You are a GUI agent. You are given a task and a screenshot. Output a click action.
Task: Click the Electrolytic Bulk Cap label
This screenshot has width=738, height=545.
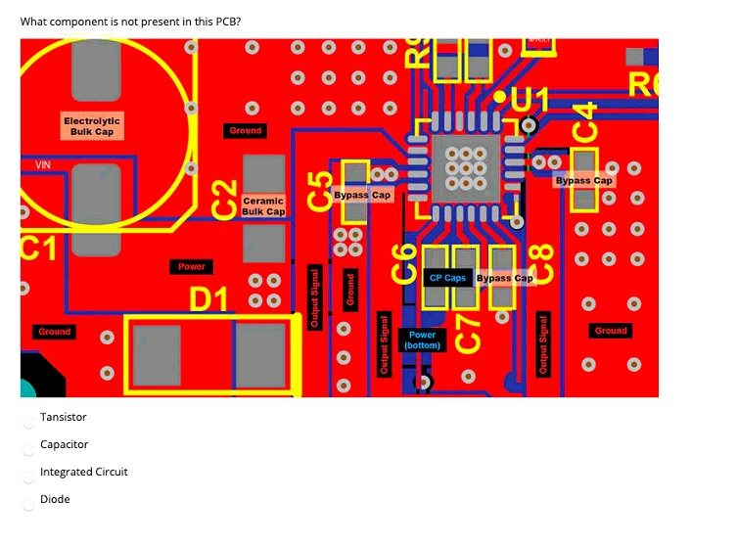coord(89,125)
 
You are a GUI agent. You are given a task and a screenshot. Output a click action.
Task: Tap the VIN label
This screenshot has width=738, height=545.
coord(43,165)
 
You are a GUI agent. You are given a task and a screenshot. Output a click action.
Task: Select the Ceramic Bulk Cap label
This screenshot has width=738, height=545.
coord(262,205)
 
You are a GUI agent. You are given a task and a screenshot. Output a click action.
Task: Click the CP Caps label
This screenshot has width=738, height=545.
coord(447,278)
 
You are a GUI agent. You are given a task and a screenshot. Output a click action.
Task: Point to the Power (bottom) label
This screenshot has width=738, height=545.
coord(423,340)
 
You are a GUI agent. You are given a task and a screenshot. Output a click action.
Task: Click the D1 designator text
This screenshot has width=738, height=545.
coord(208,297)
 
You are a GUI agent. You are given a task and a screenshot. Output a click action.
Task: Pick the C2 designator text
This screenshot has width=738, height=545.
coord(226,199)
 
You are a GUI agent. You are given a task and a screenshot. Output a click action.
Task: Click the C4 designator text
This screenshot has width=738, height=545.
coord(584,122)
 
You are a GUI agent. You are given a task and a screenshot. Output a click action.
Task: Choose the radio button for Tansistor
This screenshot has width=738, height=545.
coord(29,419)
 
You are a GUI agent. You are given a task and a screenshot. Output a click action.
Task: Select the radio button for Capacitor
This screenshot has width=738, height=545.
coord(29,446)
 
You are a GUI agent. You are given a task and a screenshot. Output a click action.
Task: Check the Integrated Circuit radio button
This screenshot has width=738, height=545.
coord(29,474)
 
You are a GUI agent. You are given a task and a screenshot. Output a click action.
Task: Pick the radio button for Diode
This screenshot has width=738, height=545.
coord(29,501)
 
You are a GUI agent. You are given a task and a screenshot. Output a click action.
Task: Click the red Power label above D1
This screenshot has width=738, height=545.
coord(192,266)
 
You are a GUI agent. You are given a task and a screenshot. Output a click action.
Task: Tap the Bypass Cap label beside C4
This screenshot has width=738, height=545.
coord(583,180)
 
